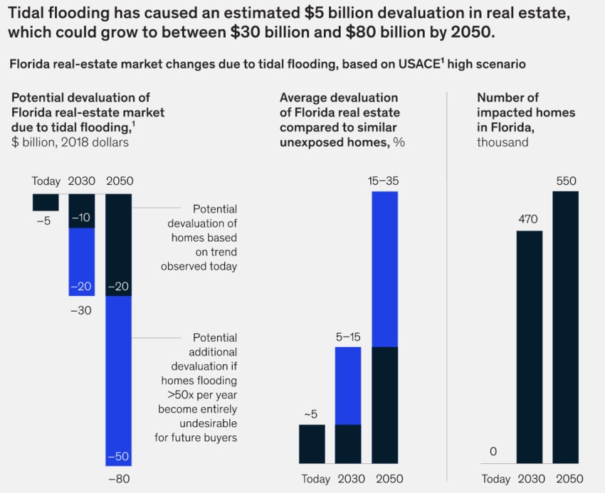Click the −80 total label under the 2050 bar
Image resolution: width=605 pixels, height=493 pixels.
pyautogui.click(x=119, y=479)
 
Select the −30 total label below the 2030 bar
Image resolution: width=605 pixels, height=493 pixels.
pyautogui.click(x=82, y=310)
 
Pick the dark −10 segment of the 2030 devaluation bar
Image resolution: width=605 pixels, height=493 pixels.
pyautogui.click(x=82, y=211)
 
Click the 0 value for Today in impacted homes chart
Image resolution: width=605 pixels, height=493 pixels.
pyautogui.click(x=493, y=452)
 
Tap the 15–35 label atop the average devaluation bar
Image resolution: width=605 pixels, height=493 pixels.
pyautogui.click(x=384, y=181)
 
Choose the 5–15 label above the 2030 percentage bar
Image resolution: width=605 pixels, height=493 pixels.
pyautogui.click(x=348, y=336)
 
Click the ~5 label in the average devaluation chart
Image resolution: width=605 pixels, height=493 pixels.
pyautogui.click(x=312, y=414)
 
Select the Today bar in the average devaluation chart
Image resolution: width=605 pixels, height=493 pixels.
pyautogui.click(x=312, y=445)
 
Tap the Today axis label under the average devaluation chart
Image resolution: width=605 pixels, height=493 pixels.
pyautogui.click(x=315, y=479)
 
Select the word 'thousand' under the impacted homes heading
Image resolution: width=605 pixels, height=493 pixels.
pyautogui.click(x=503, y=142)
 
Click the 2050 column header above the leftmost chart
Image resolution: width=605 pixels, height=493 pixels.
pyautogui.click(x=119, y=181)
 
